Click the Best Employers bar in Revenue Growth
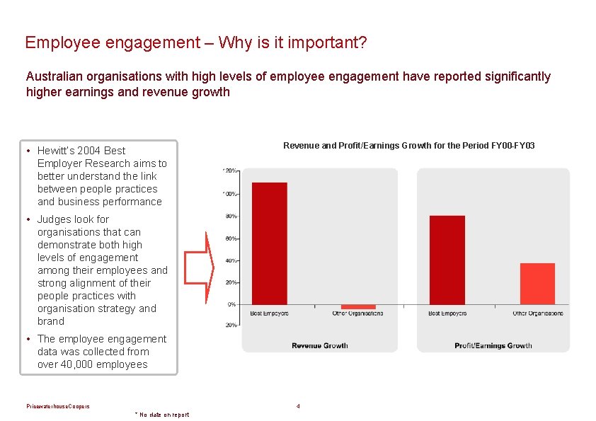[270, 243]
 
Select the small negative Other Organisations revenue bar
[358, 306]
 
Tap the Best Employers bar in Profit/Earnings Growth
[447, 260]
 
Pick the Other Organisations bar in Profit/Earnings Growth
[537, 284]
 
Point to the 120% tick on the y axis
[230, 171]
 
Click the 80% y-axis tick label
[231, 216]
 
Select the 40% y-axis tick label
[231, 260]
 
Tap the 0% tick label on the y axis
[231, 304]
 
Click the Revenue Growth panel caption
[320, 345]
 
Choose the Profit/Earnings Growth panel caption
[493, 345]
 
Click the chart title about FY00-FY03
[409, 146]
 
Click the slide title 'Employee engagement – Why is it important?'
[195, 42]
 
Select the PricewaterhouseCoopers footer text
[58, 406]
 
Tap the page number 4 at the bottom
[299, 406]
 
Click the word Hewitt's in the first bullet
[59, 151]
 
